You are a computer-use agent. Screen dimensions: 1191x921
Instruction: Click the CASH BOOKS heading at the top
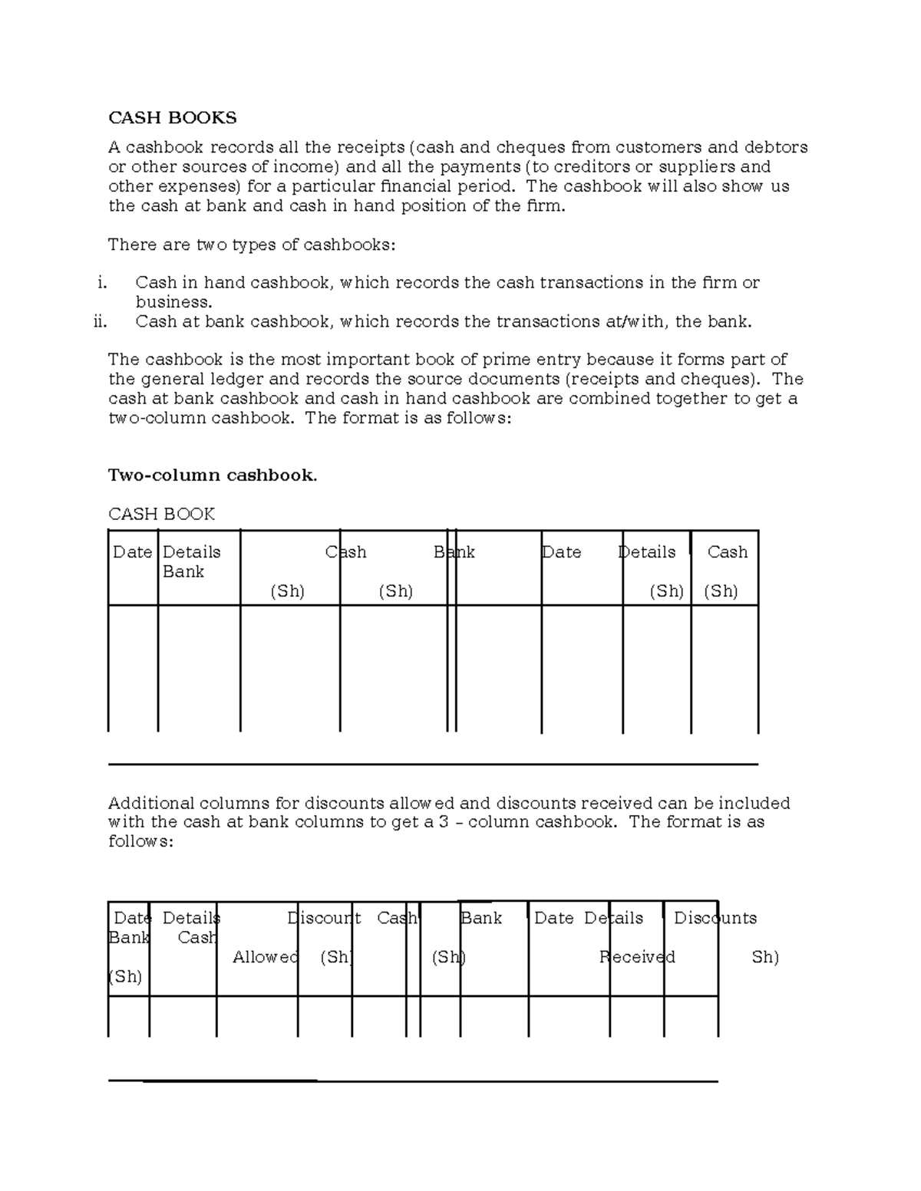point(172,118)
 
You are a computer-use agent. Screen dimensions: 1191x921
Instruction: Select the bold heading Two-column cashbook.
point(212,475)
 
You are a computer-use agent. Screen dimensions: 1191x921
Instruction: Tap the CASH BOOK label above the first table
point(161,514)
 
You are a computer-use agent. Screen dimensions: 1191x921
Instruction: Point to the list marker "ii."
point(100,322)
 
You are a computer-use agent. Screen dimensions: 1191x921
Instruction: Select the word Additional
point(150,803)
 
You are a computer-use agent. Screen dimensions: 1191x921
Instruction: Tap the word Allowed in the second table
point(266,957)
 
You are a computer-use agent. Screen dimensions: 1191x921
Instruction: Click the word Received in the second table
point(637,957)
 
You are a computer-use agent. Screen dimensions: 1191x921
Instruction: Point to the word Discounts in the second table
point(715,918)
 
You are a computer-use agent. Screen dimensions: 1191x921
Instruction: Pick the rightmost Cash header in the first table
point(727,552)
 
